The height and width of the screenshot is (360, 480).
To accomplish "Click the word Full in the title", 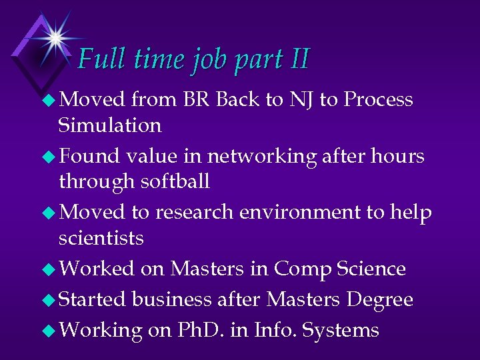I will (101, 59).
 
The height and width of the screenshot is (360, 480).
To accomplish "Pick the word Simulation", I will (109, 125).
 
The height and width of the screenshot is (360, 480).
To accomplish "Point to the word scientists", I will (101, 238).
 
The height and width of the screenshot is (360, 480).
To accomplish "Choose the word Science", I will (371, 269).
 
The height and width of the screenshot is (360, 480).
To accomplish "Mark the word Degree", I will (379, 300).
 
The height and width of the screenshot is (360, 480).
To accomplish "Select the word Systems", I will (340, 331).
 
